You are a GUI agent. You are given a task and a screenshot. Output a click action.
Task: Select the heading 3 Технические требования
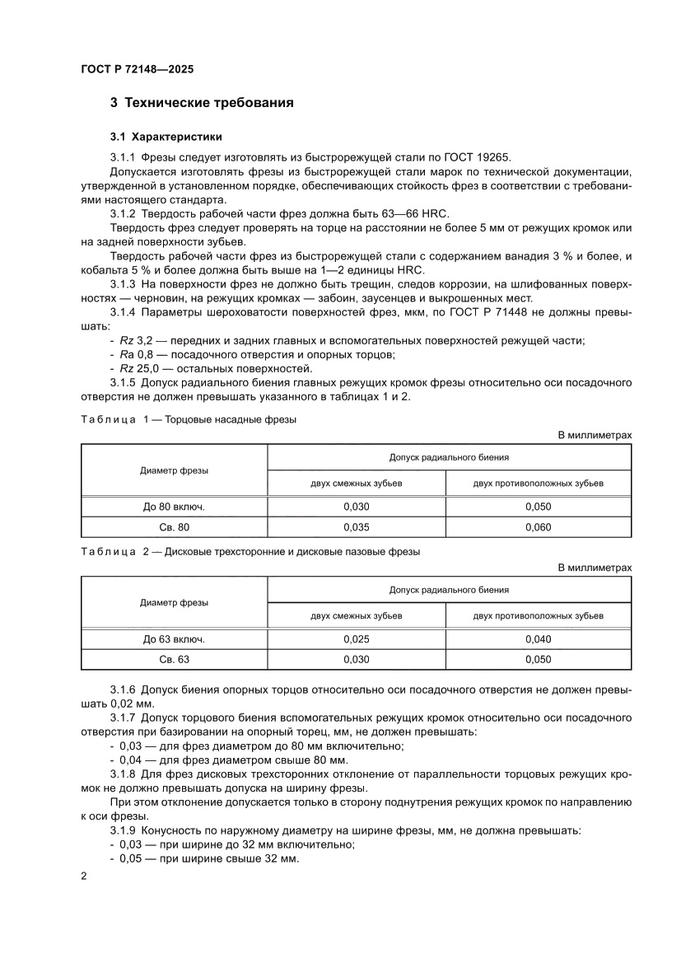pos(202,103)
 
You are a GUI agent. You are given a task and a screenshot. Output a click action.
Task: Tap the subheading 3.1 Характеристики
pos(166,136)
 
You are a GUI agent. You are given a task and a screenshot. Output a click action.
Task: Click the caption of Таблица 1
pos(188,418)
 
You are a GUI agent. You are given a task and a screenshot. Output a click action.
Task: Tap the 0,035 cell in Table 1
pos(356,527)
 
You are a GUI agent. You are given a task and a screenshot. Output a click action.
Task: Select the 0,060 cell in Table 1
pos(538,527)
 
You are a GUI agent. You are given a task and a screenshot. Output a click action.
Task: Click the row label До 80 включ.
pos(174,507)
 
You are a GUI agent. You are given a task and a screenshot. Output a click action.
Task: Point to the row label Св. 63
pos(174,660)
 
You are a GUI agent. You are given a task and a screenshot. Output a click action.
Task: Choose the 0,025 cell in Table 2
pos(356,639)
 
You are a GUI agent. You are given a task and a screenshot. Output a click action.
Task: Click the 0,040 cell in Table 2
pos(538,639)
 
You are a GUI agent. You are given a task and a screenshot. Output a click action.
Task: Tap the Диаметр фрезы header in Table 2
pos(174,602)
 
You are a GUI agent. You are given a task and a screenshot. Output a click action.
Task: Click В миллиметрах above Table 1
pos(595,435)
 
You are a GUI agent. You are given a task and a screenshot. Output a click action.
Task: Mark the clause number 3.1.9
pos(123,830)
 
